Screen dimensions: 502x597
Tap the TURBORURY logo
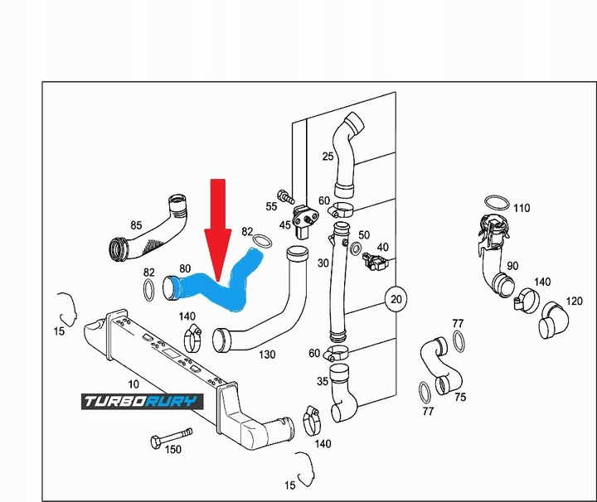click(x=142, y=403)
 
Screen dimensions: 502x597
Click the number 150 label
click(x=173, y=451)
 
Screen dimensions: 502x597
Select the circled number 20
click(x=396, y=298)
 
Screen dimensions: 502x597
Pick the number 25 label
click(x=328, y=156)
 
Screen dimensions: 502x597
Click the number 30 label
click(x=323, y=263)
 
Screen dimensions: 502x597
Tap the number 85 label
click(x=137, y=224)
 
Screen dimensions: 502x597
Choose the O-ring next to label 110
click(x=495, y=204)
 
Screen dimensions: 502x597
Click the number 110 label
click(x=521, y=208)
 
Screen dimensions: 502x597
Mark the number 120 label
click(x=575, y=301)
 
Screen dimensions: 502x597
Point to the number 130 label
click(x=267, y=355)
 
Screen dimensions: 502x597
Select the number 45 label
click(x=285, y=224)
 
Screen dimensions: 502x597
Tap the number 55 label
click(x=272, y=205)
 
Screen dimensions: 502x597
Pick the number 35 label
click(x=323, y=382)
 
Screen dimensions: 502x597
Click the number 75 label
click(x=460, y=397)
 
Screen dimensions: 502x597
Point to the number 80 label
click(x=185, y=268)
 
